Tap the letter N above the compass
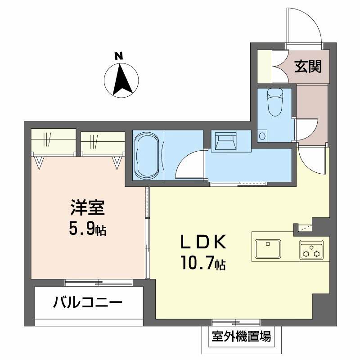tap(118, 56)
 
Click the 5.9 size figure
tap(84, 229)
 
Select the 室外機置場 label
tap(241, 336)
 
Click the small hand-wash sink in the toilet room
tap(262, 135)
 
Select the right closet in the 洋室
tap(102, 142)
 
